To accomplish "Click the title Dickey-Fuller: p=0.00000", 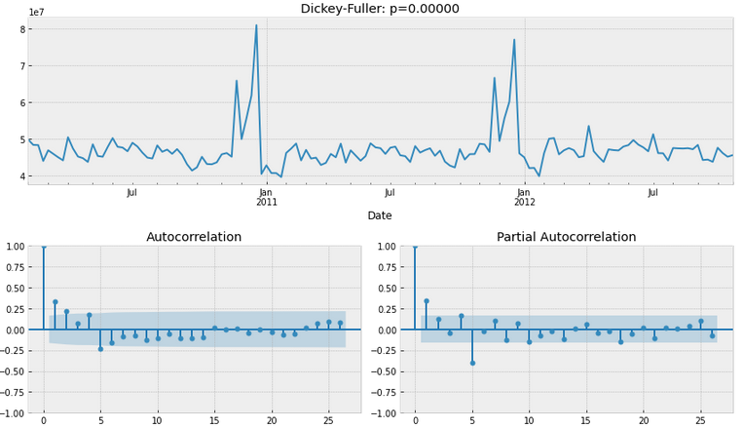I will [x=379, y=9].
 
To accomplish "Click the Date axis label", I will [x=380, y=214].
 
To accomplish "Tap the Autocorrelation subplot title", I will [x=194, y=237].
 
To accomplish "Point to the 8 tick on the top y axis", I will [x=20, y=29].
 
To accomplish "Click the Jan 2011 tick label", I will [x=266, y=197].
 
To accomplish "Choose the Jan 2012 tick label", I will [x=524, y=197].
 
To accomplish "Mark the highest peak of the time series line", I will [x=256, y=25].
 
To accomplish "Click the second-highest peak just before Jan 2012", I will [x=514, y=40].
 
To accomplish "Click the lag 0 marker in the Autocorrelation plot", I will [x=44, y=246].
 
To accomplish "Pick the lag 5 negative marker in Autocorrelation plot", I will [x=100, y=349].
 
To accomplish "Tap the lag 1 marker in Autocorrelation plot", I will [x=56, y=302].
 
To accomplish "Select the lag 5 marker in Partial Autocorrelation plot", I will [x=472, y=363].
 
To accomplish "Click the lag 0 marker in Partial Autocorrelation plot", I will [x=415, y=246].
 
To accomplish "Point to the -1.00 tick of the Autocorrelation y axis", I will [x=14, y=413].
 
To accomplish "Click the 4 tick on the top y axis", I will [x=20, y=176].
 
